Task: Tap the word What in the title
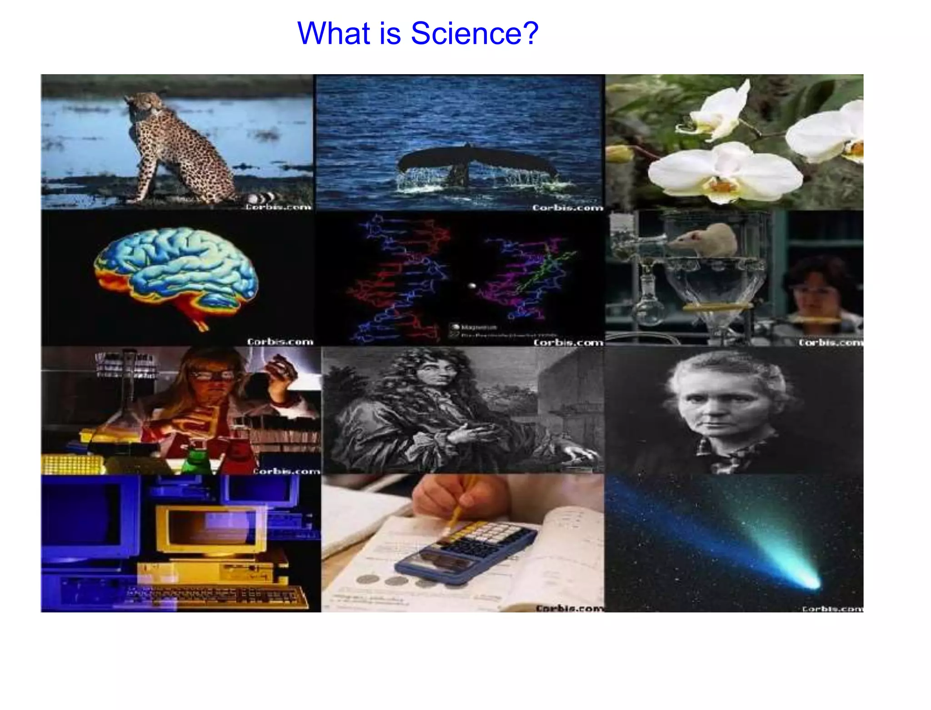click(334, 33)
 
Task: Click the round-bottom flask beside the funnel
click(648, 309)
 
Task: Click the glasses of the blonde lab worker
click(211, 375)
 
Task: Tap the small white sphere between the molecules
click(472, 286)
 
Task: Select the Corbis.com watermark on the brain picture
click(280, 342)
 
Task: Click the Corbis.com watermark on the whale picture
click(567, 207)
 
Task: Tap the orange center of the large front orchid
click(723, 184)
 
